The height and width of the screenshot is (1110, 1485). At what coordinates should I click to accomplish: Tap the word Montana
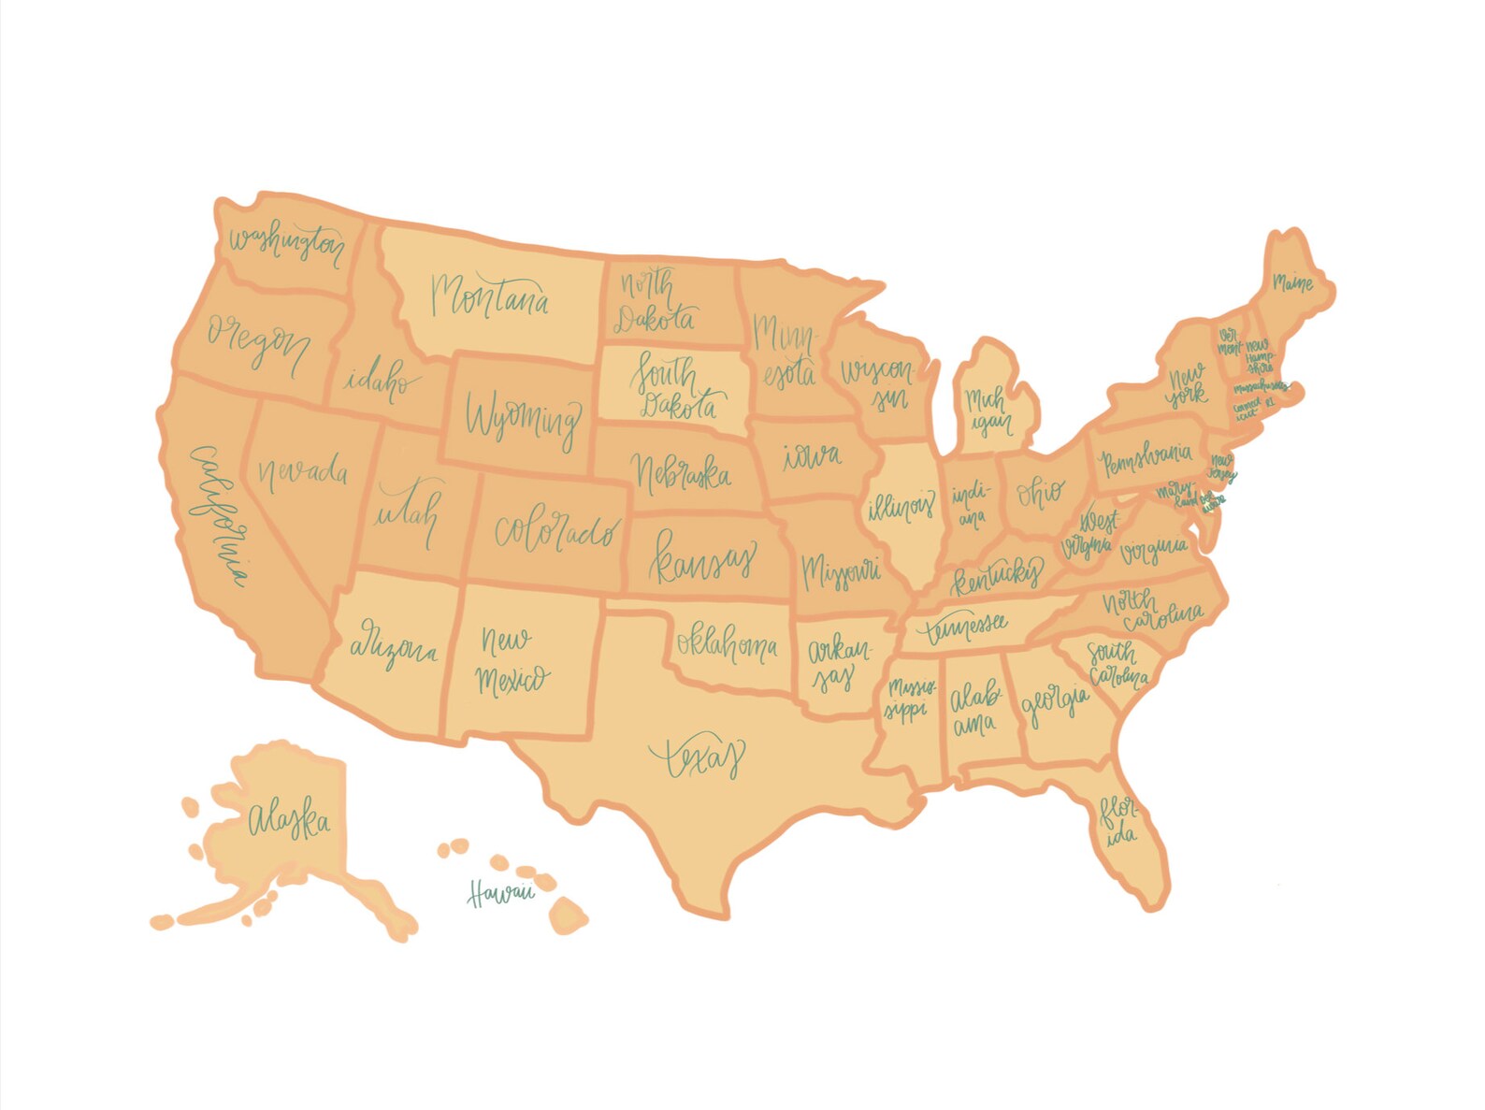tap(490, 297)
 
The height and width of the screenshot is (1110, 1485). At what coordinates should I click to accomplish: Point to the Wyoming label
tap(523, 418)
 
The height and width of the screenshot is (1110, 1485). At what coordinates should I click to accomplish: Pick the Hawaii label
tap(501, 894)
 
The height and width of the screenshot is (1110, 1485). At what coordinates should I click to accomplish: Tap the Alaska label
tap(289, 822)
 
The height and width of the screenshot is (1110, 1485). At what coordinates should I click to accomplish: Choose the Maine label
tap(1292, 281)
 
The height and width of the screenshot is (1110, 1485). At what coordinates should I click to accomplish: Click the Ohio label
tap(1040, 491)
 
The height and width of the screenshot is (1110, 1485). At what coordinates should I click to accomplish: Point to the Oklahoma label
tap(727, 644)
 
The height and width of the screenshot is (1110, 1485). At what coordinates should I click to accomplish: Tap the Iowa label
tap(811, 456)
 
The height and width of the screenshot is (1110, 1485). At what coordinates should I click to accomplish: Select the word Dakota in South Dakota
tap(680, 406)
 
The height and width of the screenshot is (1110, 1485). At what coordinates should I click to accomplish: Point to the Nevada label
tap(302, 470)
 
